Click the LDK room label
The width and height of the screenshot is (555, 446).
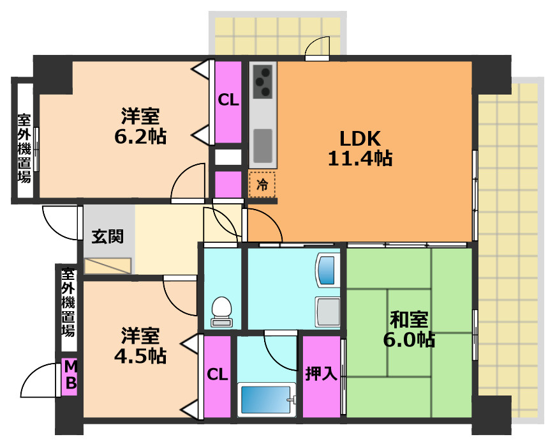click(x=360, y=139)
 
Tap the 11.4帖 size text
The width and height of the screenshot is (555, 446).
click(x=360, y=158)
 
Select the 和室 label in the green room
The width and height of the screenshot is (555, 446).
click(x=409, y=319)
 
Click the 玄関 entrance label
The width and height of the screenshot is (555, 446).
click(x=108, y=236)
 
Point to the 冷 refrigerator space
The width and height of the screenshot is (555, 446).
click(x=262, y=185)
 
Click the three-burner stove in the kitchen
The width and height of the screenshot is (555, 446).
click(x=263, y=82)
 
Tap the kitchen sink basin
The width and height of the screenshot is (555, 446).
click(x=263, y=146)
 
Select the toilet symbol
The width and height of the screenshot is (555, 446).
click(x=221, y=311)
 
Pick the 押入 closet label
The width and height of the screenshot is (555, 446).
click(x=322, y=373)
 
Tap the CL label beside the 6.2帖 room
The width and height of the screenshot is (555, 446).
click(x=228, y=100)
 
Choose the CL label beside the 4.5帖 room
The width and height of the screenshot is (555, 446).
click(x=217, y=374)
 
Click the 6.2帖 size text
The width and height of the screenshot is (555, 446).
click(x=140, y=136)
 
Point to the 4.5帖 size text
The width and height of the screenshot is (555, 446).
click(x=140, y=356)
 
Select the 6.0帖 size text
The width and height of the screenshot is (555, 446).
click(x=409, y=339)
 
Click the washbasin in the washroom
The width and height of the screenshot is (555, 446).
click(x=327, y=270)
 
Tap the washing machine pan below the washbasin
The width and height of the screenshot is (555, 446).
click(x=328, y=312)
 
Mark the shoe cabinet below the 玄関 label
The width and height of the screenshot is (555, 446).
click(x=108, y=266)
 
